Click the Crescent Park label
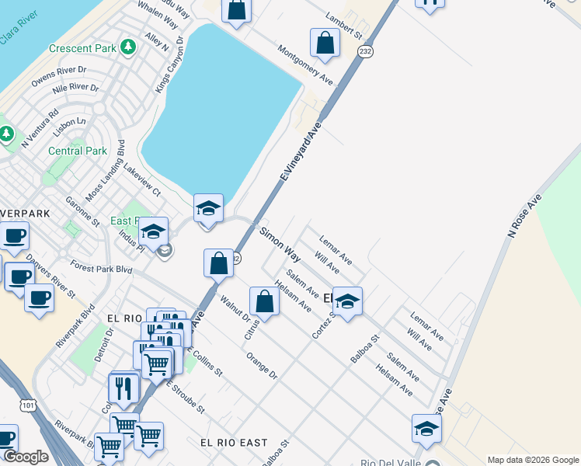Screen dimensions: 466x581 pyautogui.click(x=82, y=48)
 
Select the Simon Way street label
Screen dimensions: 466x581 pyautogui.click(x=280, y=243)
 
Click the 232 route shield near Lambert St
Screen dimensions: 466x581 pyautogui.click(x=365, y=50)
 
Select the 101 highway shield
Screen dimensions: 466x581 pyautogui.click(x=29, y=405)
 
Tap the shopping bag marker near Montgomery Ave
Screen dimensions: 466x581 pyautogui.click(x=325, y=43)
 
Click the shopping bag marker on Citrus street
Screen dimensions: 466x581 pyautogui.click(x=264, y=301)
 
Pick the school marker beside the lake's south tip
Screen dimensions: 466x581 pyautogui.click(x=207, y=209)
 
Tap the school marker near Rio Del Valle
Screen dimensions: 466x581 pyautogui.click(x=426, y=429)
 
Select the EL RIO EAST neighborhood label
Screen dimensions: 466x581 pyautogui.click(x=234, y=442)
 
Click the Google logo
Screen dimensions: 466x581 pyautogui.click(x=26, y=457)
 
